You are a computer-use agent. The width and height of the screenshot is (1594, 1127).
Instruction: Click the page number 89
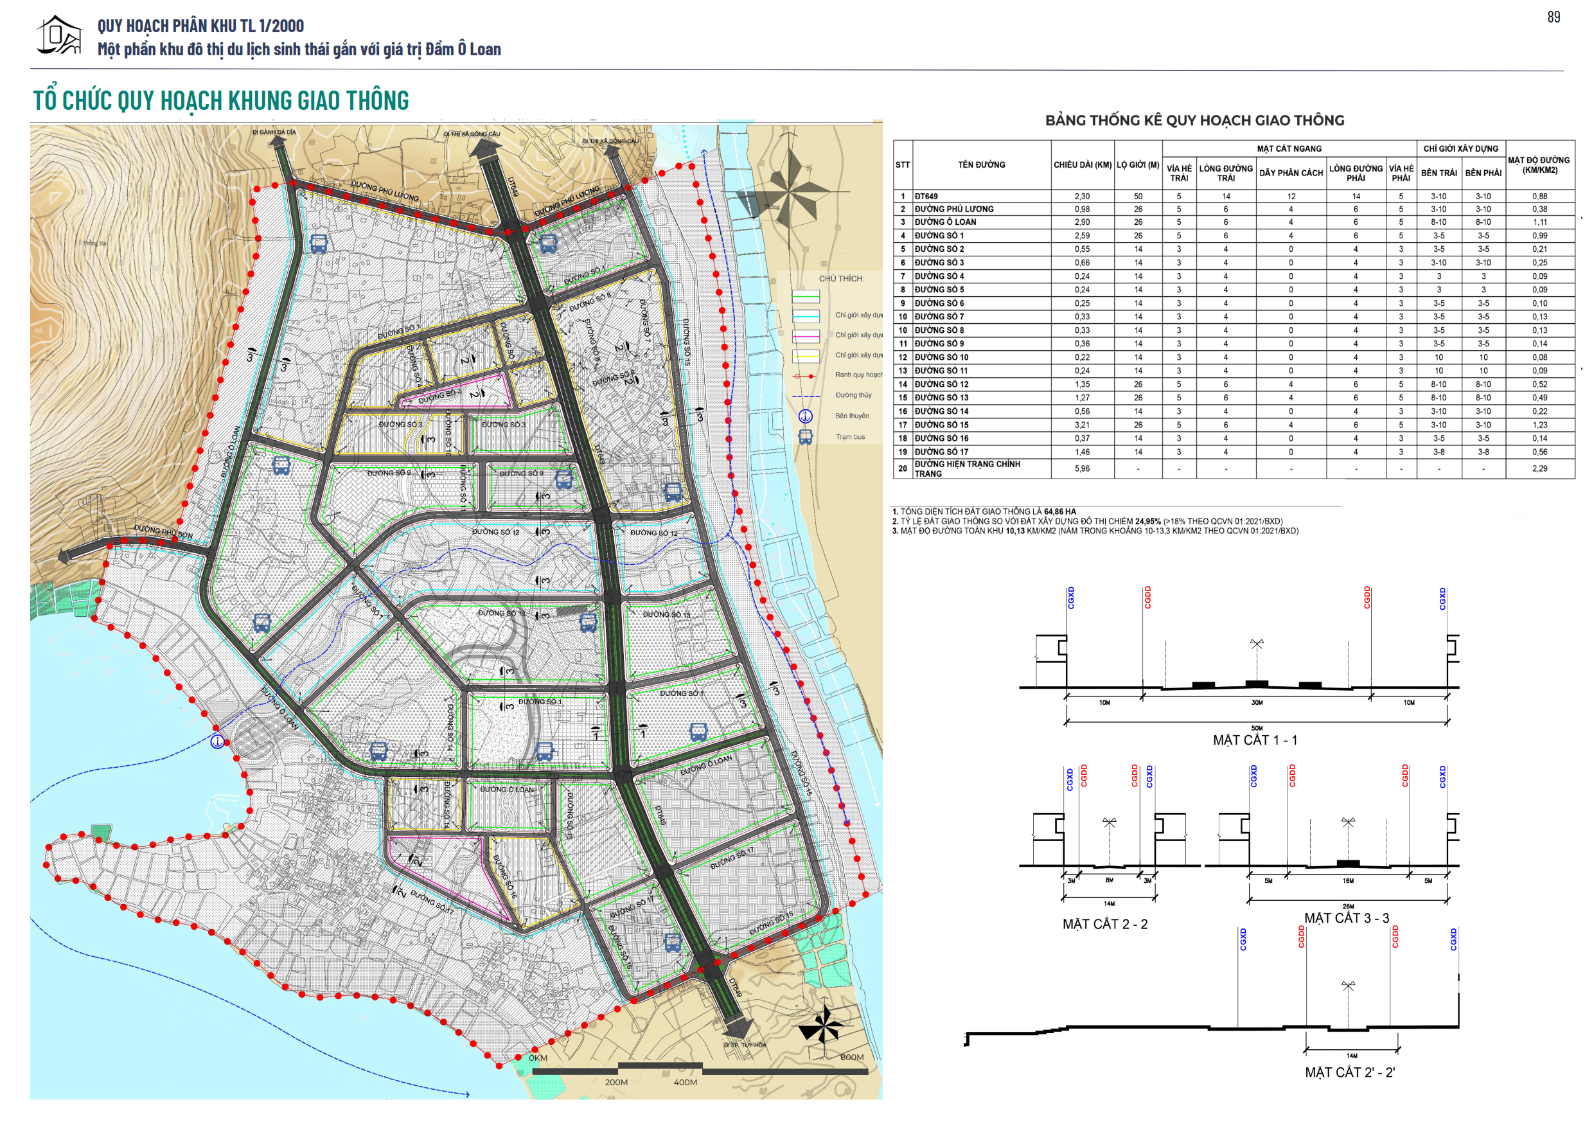point(1553,17)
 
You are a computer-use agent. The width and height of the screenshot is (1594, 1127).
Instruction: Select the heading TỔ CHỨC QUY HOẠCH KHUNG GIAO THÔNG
point(221,101)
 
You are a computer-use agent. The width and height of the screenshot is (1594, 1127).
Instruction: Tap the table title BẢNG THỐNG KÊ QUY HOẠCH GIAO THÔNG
point(1194,120)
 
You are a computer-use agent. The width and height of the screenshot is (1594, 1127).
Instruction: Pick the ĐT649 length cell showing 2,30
point(1082,197)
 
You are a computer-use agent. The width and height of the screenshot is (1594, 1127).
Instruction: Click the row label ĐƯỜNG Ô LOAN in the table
point(945,222)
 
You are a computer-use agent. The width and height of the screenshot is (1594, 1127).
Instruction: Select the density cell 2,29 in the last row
point(1539,468)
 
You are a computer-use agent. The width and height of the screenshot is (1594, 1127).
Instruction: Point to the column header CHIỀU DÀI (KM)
point(1083,164)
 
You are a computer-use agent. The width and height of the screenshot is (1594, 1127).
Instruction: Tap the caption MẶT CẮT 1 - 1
point(1255,740)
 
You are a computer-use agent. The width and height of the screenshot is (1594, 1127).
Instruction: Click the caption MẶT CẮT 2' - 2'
point(1350,1072)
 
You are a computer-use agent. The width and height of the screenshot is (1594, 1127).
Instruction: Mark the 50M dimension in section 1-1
point(1257,729)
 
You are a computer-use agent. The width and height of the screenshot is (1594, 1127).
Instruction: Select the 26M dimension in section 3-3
point(1347,906)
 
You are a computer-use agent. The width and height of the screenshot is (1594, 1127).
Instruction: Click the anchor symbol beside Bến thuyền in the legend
point(804,416)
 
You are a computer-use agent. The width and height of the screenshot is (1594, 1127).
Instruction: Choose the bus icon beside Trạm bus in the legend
point(804,437)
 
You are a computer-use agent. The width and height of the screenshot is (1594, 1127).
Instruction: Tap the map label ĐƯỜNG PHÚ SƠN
point(163,532)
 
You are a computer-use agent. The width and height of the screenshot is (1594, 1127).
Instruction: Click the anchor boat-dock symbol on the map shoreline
point(217,741)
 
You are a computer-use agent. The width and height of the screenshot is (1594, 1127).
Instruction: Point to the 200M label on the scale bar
point(615,1082)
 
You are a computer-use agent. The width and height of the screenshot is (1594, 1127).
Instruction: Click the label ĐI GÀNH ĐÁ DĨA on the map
point(274,132)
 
